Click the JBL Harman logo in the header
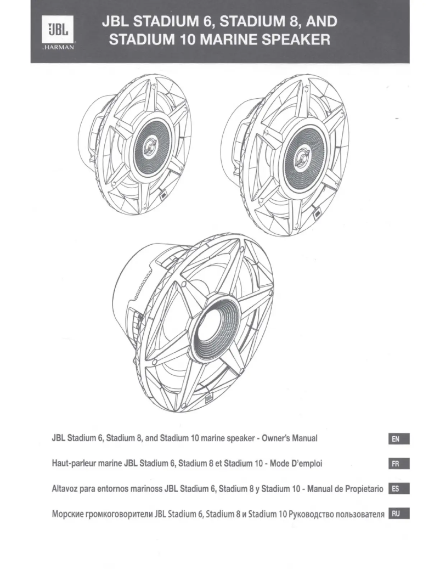57,32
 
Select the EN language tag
398,440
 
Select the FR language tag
398,465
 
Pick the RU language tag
398,514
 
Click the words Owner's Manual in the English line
286,439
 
